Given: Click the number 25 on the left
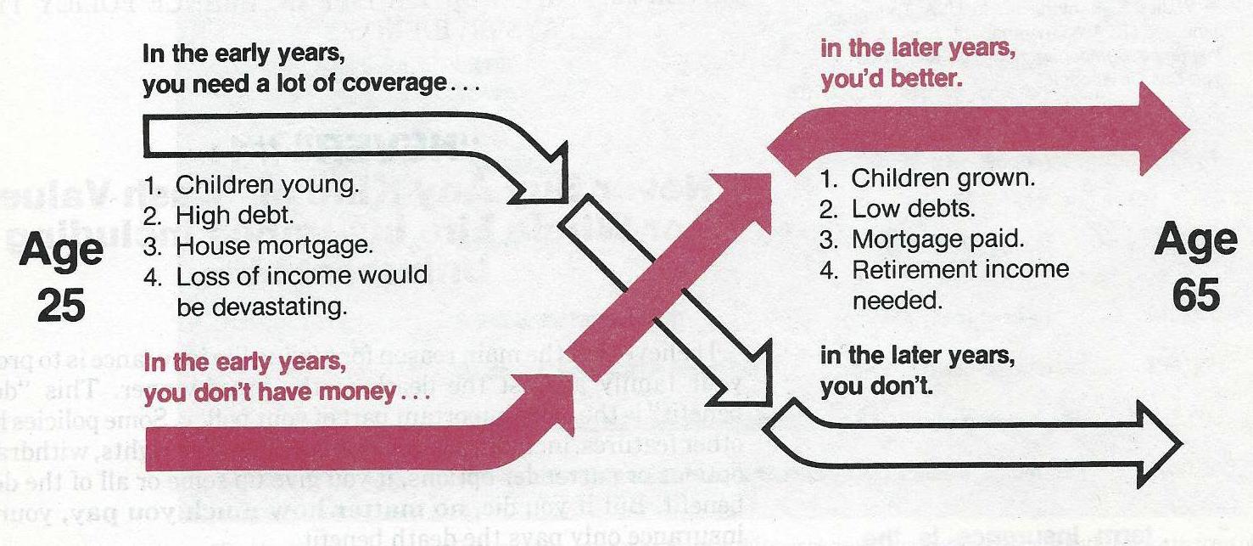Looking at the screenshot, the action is [x=63, y=304].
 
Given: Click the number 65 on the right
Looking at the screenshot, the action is [x=1196, y=296].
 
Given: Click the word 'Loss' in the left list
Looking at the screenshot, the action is [x=200, y=276].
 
